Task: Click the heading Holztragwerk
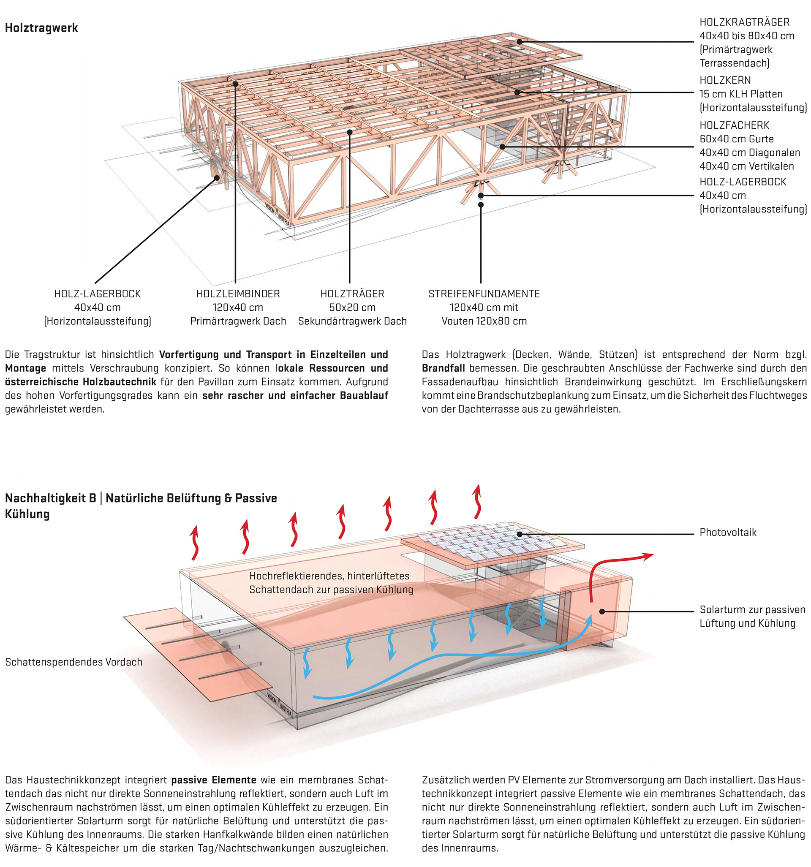pos(41,28)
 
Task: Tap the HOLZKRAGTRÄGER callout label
pos(744,22)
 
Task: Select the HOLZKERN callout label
pos(725,80)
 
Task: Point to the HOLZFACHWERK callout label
pos(735,125)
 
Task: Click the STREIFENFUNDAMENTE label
pos(484,294)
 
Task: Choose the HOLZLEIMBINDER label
pos(238,294)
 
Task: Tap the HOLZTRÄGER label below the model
pos(353,294)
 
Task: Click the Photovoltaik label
pos(728,533)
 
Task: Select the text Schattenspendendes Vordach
pos(74,662)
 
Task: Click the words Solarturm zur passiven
pos(752,609)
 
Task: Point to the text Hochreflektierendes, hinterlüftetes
pos(329,576)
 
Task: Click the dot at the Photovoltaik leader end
pos(520,534)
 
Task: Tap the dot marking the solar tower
pos(602,612)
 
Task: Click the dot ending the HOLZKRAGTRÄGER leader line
pos(520,42)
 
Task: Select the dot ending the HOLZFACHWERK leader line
pos(502,147)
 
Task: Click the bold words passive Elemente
pos(213,779)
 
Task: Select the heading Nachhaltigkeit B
pos(50,498)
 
